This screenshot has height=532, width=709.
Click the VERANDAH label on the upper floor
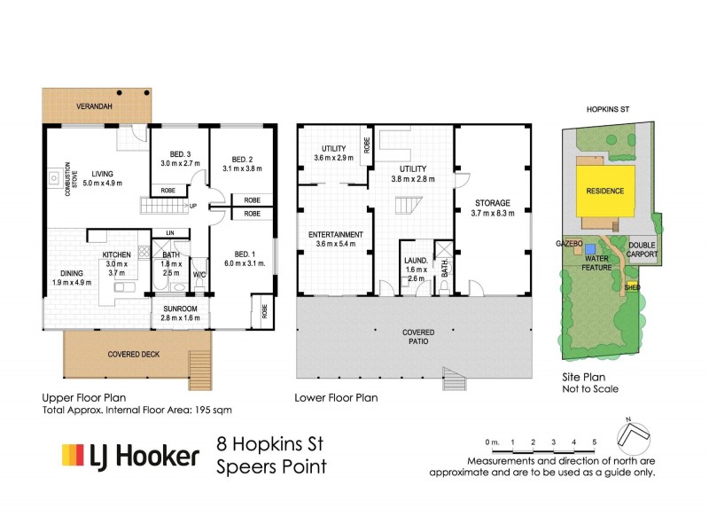pyautogui.click(x=92, y=105)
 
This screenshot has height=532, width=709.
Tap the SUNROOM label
pyautogui.click(x=180, y=311)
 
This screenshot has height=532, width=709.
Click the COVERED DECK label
pyautogui.click(x=133, y=355)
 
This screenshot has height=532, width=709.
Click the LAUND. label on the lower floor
pyautogui.click(x=416, y=261)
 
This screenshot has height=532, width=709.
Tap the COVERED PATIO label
pyautogui.click(x=416, y=338)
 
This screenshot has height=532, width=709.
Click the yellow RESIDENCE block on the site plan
pyautogui.click(x=604, y=191)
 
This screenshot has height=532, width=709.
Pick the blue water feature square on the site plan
pyautogui.click(x=590, y=250)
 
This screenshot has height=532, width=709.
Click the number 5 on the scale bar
pyautogui.click(x=595, y=442)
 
